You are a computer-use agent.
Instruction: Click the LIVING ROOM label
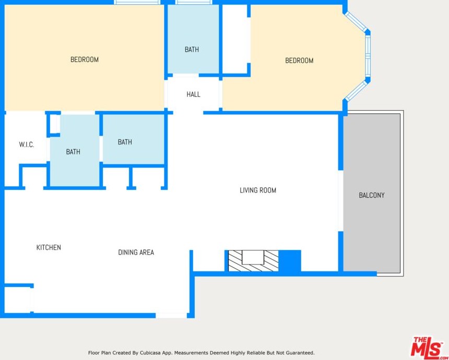(258, 190)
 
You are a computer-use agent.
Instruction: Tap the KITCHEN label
(49, 247)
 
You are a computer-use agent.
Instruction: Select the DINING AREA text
(136, 252)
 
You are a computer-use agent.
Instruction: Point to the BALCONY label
(371, 195)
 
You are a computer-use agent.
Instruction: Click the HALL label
(193, 94)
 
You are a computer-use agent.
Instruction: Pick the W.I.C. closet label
(27, 145)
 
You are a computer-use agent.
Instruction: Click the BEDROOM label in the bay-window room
(299, 61)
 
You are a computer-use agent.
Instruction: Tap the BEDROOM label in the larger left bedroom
(85, 59)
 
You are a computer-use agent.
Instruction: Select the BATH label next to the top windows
(192, 50)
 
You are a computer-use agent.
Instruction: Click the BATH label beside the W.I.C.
(73, 152)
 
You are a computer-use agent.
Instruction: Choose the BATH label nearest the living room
(125, 142)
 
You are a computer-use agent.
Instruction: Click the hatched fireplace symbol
(253, 261)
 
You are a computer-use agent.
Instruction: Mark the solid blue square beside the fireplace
(290, 261)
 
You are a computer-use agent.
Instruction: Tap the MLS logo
(427, 347)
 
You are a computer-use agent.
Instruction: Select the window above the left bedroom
(137, 2)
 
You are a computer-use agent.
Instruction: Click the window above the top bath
(194, 2)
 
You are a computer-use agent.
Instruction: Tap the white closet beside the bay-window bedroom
(234, 39)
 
